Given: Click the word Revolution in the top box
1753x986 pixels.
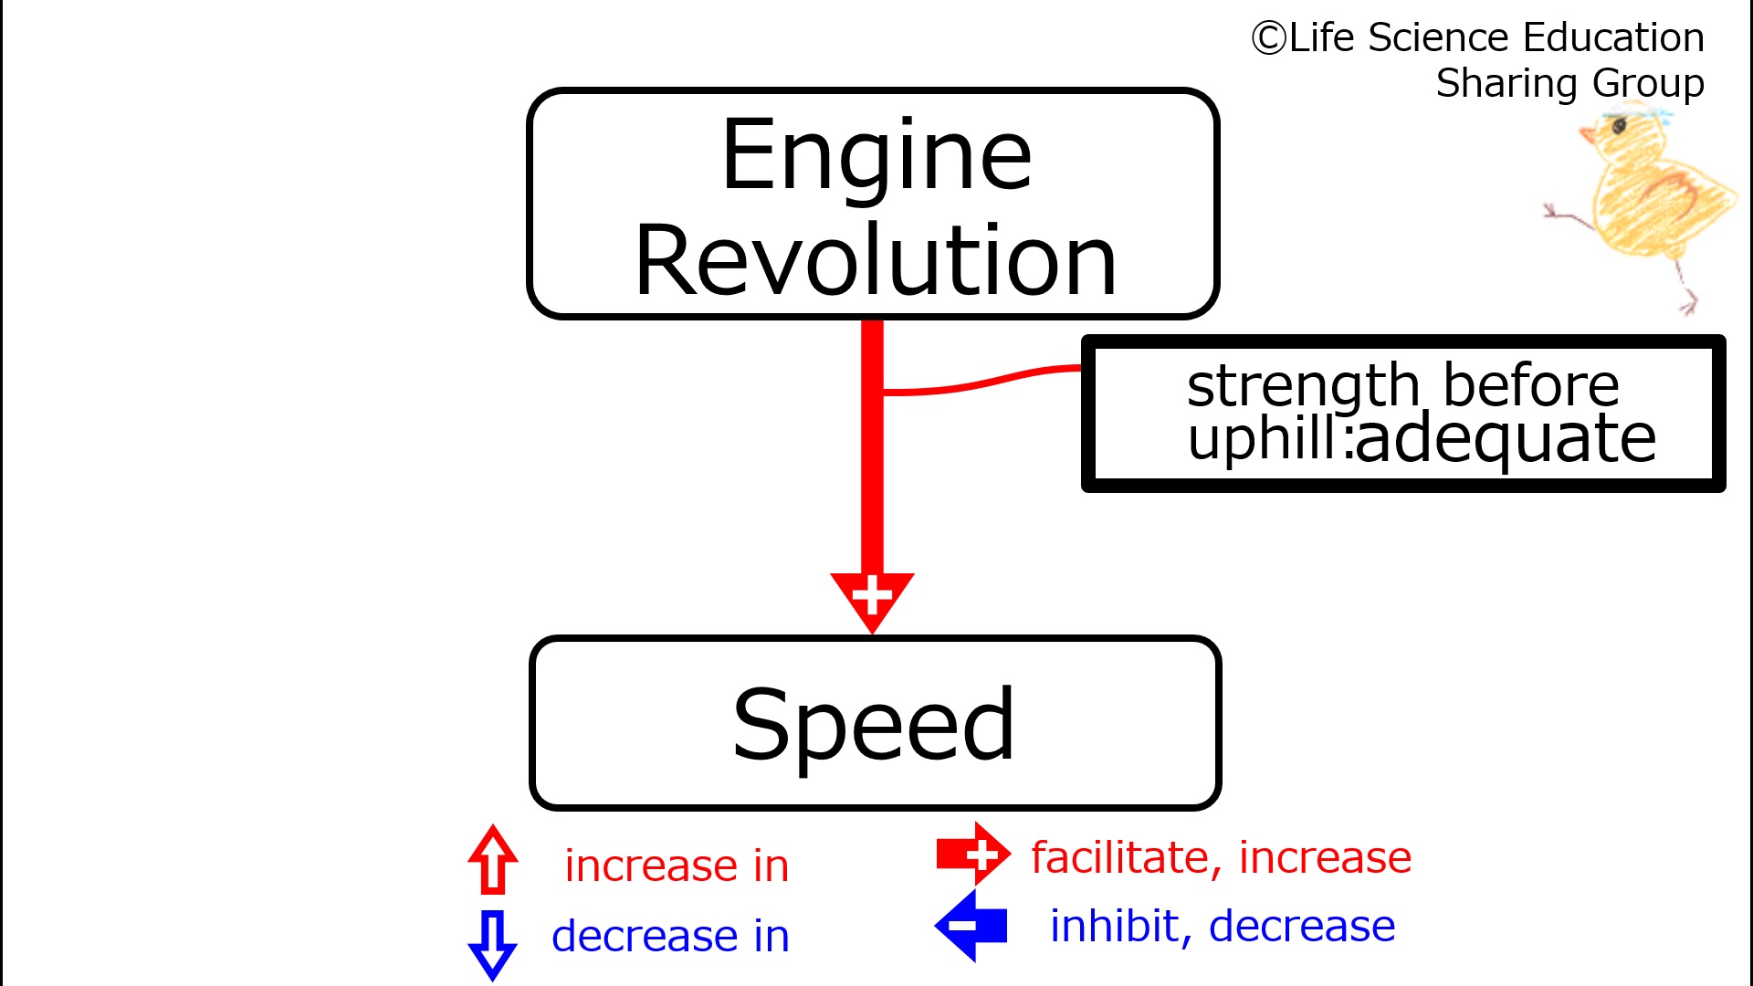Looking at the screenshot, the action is [x=876, y=261].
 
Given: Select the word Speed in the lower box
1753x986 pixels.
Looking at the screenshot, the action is [x=874, y=727].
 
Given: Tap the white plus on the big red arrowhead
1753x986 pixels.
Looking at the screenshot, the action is [x=872, y=595].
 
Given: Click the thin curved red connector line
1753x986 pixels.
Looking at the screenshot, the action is [x=982, y=382].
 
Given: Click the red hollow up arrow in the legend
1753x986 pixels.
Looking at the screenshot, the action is [x=493, y=859].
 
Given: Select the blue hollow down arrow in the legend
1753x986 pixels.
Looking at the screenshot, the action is [x=493, y=945].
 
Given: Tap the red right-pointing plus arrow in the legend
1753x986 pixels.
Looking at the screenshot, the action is [x=973, y=855].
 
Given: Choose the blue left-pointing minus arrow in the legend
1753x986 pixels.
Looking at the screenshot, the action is [x=971, y=926].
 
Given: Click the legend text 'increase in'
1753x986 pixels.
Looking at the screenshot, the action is [x=677, y=865].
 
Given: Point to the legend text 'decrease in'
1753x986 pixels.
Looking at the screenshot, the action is [x=670, y=936].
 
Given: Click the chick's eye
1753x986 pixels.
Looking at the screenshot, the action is [x=1620, y=125].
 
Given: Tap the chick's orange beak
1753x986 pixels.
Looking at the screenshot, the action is [x=1589, y=137].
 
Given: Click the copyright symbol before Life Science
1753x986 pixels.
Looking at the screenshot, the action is [x=1268, y=38].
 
